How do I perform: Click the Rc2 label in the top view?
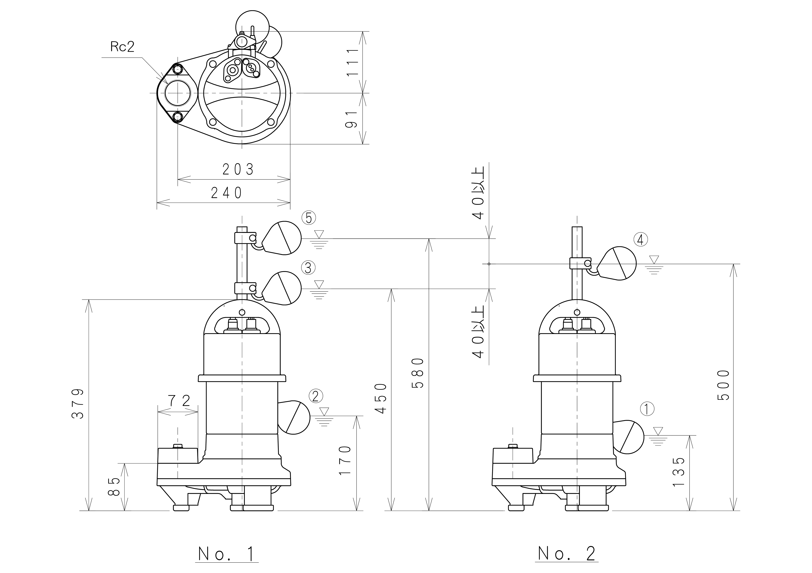pyautogui.click(x=122, y=47)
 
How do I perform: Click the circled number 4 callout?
pyautogui.click(x=641, y=240)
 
